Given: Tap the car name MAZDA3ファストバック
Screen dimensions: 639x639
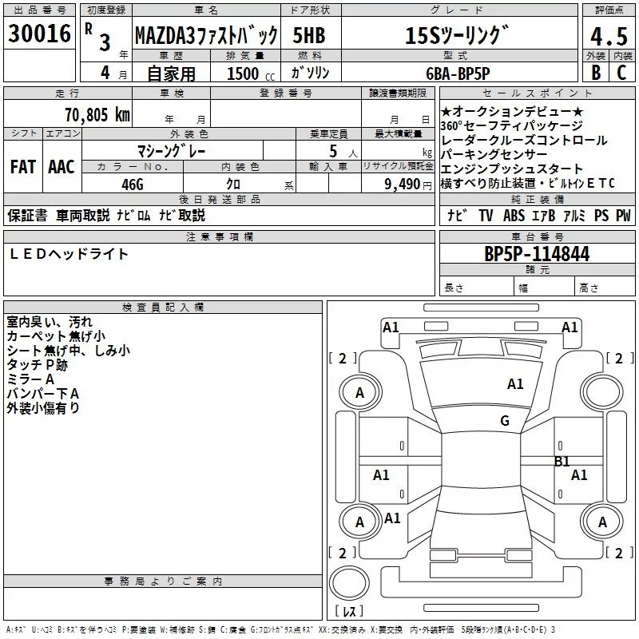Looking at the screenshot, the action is click(205, 36).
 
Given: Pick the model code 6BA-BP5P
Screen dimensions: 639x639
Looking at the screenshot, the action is click(470, 72).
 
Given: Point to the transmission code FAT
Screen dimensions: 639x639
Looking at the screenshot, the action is click(22, 167).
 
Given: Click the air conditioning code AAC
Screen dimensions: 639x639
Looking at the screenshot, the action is click(62, 167).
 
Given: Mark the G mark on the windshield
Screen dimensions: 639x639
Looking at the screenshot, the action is click(504, 421).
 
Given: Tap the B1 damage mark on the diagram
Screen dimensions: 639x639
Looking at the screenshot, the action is click(562, 461).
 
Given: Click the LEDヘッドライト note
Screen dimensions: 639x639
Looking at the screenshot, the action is click(69, 254).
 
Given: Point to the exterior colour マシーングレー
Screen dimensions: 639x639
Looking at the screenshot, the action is click(173, 150).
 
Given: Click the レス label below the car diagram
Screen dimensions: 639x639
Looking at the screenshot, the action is click(349, 612).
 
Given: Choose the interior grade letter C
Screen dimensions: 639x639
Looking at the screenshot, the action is click(621, 72).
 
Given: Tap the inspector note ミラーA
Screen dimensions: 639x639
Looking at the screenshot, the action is click(30, 379).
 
